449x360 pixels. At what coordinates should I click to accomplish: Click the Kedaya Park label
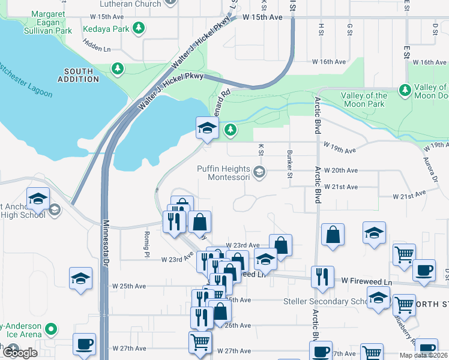click(112, 28)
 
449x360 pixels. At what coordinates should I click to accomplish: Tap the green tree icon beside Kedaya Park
click(139, 28)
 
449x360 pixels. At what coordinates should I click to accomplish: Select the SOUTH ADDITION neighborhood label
click(78, 75)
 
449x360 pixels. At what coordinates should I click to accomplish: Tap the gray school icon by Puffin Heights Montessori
click(259, 173)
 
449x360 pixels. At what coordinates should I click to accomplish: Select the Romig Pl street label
click(146, 239)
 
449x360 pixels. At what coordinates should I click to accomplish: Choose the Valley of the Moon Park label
click(364, 100)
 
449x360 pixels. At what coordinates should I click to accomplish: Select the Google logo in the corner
click(20, 353)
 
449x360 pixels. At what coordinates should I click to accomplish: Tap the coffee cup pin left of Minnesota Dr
click(84, 344)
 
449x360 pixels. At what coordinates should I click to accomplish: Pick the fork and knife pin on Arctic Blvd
click(322, 277)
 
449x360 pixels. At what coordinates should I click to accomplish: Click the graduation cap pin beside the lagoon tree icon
click(207, 127)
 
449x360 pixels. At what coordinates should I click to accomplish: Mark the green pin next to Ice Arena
click(52, 329)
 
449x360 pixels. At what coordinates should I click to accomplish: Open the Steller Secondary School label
click(333, 301)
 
